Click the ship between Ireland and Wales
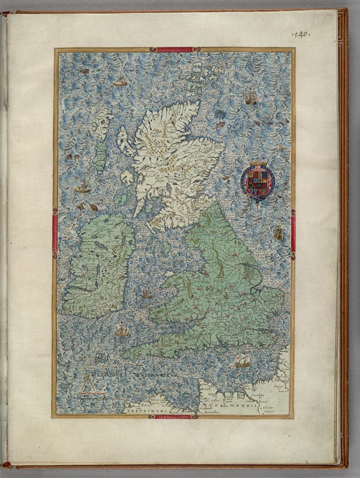click(147, 294)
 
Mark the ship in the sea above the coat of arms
click(250, 99)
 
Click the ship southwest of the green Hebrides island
click(82, 188)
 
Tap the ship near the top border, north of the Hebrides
click(119, 81)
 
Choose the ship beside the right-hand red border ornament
click(278, 234)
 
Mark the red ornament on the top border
click(174, 50)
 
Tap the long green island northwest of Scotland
click(100, 156)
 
